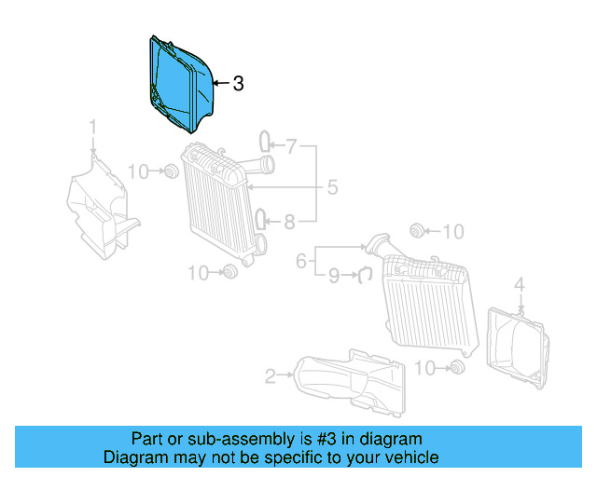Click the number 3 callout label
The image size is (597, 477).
pos(238,84)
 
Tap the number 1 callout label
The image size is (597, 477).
pos(93,127)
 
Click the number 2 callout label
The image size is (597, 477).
pos(270,376)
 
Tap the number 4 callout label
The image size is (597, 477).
pos(521,283)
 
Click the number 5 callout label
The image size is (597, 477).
pos(331,188)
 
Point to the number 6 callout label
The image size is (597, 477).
pos(301,262)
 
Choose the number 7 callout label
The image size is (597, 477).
pos(290,145)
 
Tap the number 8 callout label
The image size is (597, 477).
pos(289,222)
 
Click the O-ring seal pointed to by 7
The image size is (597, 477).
pos(264,142)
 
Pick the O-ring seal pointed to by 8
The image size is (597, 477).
pos(264,220)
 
